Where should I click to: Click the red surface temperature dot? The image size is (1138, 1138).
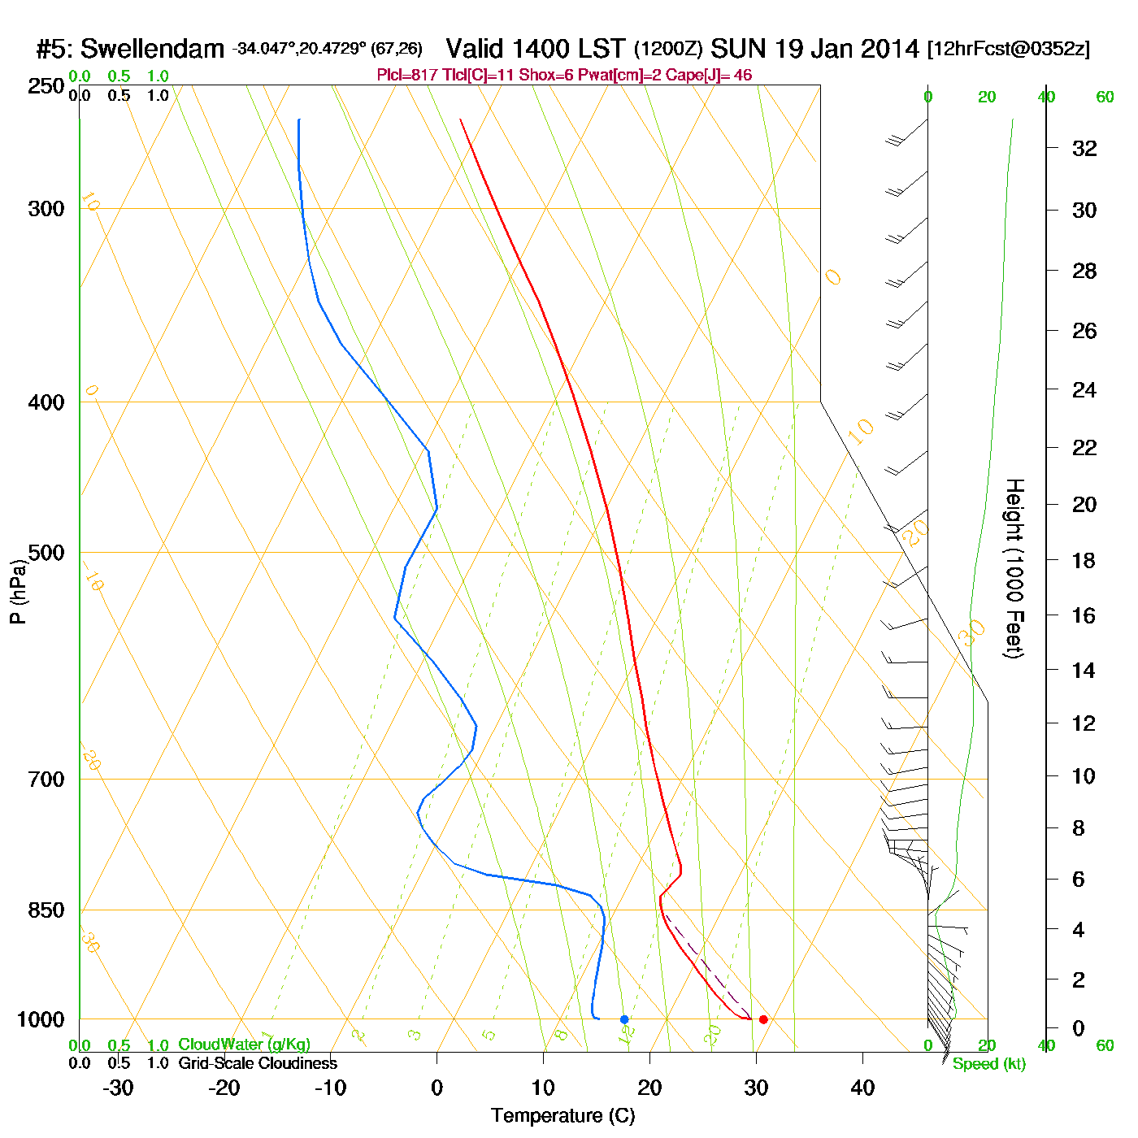coord(762,1019)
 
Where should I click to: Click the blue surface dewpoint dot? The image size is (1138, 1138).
coord(624,1019)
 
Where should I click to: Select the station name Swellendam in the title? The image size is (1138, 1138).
coord(152,49)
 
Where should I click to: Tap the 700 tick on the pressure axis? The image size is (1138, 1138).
coord(46,780)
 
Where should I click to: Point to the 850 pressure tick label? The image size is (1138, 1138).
coord(46,910)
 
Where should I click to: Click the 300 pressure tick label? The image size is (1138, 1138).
coord(46,209)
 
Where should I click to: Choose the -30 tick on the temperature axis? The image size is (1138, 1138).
coord(118,1088)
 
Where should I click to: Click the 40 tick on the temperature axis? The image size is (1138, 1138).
coord(862,1088)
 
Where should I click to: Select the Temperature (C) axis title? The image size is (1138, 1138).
coord(562,1116)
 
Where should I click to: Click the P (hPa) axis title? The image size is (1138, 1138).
coord(18,592)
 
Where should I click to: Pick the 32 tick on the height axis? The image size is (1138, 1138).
coord(1084,149)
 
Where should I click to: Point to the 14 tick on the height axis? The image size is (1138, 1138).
coord(1084,671)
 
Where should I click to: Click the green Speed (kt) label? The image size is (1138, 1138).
coord(989,1064)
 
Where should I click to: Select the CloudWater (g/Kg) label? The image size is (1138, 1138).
coord(244,1045)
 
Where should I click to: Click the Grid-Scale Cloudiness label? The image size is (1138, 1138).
coord(258,1063)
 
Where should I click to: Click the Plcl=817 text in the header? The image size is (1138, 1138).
coord(407,76)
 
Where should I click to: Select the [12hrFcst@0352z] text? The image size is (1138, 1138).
coord(1008,49)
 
